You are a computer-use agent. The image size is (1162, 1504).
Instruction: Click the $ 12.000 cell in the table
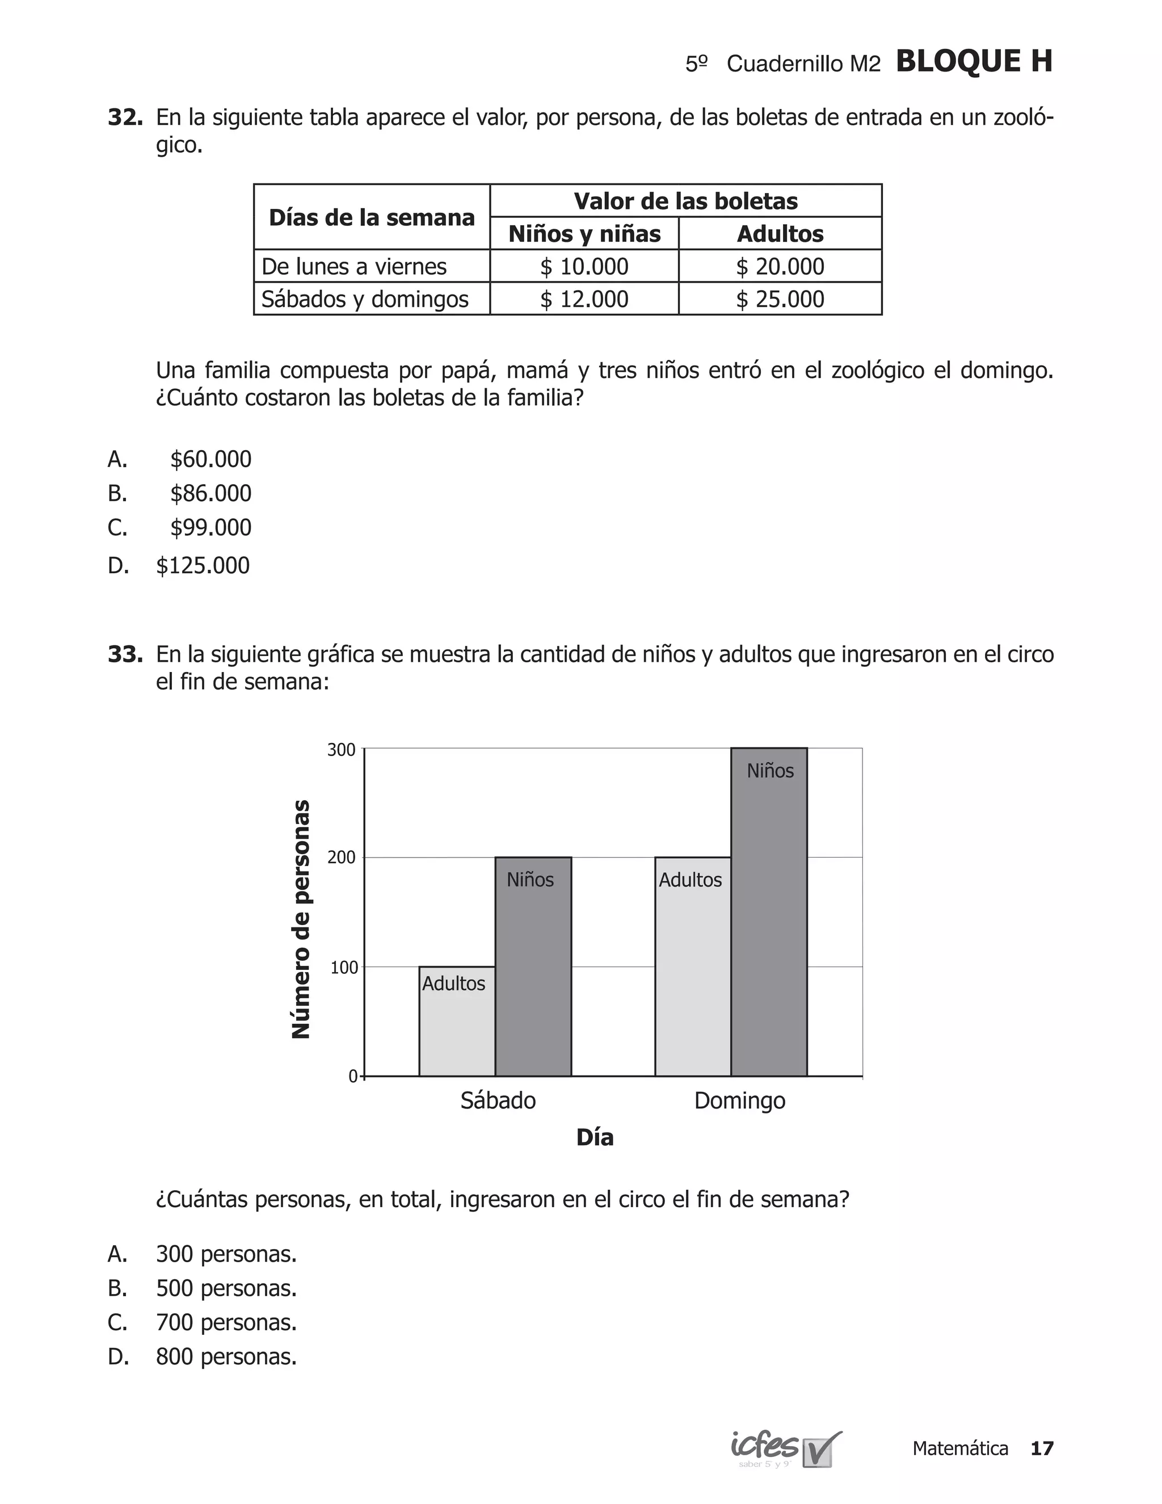point(584,299)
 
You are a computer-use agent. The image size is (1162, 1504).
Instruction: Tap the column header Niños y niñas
point(584,233)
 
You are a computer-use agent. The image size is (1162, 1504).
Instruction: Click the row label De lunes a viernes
point(354,267)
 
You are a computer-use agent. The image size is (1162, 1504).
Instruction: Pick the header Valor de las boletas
point(685,201)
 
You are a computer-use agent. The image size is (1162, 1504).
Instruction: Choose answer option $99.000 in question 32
point(210,527)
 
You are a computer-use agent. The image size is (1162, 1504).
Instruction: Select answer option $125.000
point(203,565)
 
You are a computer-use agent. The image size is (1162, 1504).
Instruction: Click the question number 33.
point(125,654)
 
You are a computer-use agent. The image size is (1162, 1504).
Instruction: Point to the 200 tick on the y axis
point(342,858)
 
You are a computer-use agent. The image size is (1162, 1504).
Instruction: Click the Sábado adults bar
point(457,1026)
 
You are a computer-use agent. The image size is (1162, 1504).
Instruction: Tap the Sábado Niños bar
point(533,971)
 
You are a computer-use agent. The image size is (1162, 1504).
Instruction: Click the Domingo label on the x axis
point(739,1100)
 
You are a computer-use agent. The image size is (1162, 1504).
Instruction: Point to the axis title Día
point(595,1137)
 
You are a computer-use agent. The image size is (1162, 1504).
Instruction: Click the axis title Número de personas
point(301,919)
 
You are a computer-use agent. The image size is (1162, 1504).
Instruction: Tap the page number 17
point(1042,1448)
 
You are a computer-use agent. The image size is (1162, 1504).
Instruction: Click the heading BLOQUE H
point(974,61)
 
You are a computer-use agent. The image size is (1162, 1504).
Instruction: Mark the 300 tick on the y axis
point(342,749)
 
